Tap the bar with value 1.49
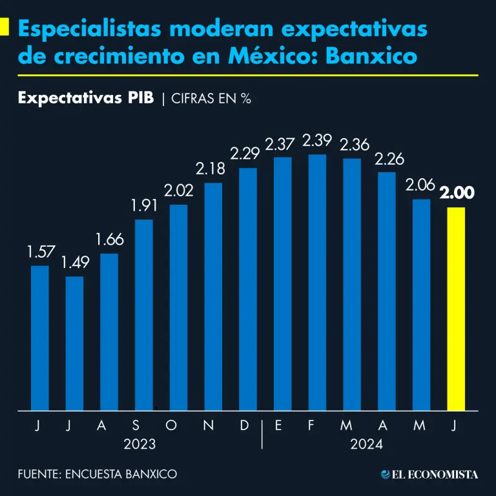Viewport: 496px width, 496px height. [74, 343]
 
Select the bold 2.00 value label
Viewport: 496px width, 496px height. [457, 193]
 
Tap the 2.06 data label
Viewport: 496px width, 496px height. [421, 185]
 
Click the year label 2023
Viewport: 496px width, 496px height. [140, 445]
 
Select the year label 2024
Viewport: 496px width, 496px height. [367, 445]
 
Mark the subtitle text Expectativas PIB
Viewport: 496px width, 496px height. [86, 98]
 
